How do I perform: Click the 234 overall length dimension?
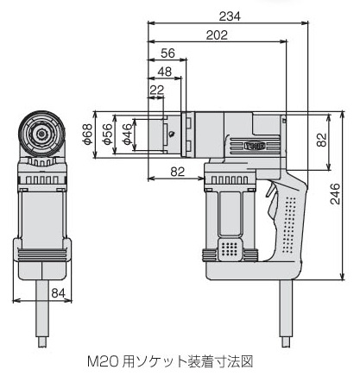tap(230, 16)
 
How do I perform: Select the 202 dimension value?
tap(217, 35)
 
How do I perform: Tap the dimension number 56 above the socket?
tap(167, 53)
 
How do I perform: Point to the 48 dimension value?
tap(165, 72)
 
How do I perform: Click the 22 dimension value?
tap(157, 90)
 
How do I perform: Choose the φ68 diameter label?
tap(87, 135)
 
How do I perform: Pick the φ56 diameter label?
tap(107, 135)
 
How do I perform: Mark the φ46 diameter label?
tap(127, 135)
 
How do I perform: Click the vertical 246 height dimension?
tap(335, 194)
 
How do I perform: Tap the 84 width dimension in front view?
tap(59, 293)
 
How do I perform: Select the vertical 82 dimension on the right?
tap(322, 140)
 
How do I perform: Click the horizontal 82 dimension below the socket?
tap(178, 172)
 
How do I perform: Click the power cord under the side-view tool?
tap(286, 313)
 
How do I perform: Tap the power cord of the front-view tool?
tap(42, 313)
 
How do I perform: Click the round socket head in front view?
tap(42, 134)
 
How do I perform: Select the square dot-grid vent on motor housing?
tap(230, 248)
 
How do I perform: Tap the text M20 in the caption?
tap(103, 361)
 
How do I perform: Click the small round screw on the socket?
tap(172, 134)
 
